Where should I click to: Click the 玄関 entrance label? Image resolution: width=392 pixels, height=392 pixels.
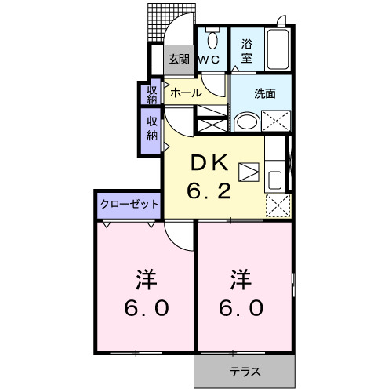tap(179, 59)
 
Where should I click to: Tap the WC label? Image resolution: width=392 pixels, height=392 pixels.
tap(208, 59)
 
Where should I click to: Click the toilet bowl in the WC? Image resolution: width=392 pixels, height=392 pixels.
tap(211, 39)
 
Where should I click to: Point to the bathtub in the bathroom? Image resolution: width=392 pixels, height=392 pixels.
tap(278, 49)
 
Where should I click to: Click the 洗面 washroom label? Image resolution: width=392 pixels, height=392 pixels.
tap(265, 93)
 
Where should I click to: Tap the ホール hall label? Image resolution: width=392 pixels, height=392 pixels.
tap(186, 93)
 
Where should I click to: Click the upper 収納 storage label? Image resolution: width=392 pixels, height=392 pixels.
tap(151, 94)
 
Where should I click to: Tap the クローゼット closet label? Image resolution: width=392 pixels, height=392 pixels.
tap(129, 204)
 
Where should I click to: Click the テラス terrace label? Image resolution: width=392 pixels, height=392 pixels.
tap(245, 371)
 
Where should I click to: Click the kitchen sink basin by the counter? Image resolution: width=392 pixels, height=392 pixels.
tap(274, 179)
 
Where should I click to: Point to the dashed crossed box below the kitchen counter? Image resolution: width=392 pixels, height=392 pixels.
tap(276, 205)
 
